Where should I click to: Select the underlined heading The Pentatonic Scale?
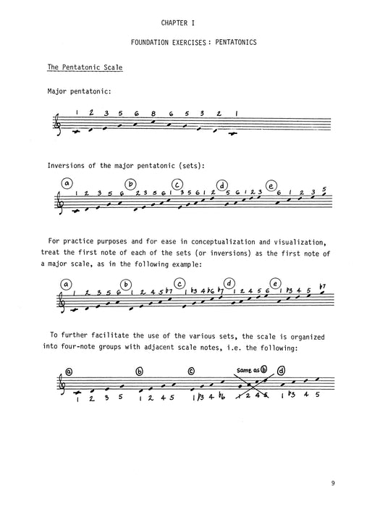pyautogui.click(x=85, y=67)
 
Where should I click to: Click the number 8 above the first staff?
pyautogui.click(x=154, y=113)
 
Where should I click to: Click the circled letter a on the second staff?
pyautogui.click(x=67, y=184)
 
